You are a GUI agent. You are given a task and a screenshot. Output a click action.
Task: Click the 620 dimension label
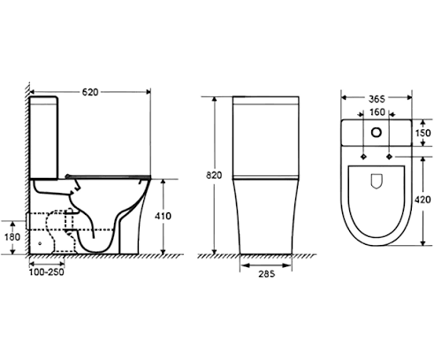[x=90, y=92]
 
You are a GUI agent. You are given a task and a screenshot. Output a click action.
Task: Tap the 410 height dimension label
[x=163, y=216]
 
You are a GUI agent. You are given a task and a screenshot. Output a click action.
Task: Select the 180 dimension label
[x=12, y=237]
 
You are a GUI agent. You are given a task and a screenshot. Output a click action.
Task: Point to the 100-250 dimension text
[x=47, y=272]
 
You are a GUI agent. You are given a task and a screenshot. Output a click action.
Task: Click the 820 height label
[x=214, y=175]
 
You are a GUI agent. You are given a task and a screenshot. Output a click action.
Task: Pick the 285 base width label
[x=267, y=274]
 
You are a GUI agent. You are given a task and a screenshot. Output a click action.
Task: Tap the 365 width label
[x=377, y=99]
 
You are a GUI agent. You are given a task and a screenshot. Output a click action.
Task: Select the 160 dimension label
[x=377, y=112]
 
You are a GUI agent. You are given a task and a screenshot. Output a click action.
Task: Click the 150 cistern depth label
[x=423, y=133]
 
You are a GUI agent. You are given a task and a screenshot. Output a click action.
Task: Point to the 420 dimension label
[x=423, y=200]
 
